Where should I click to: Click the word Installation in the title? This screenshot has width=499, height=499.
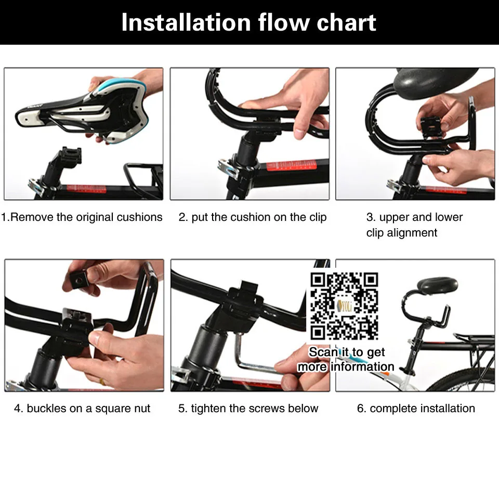[x=186, y=22]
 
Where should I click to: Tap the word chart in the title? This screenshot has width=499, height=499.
[x=346, y=22]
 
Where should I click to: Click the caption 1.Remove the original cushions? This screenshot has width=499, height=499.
[x=82, y=217]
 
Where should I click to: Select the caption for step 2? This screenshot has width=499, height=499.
[x=253, y=217]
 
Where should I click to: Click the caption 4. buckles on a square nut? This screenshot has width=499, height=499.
[x=82, y=409]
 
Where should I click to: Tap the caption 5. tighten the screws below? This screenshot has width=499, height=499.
[x=248, y=409]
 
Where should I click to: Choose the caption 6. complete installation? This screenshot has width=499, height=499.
[x=416, y=409]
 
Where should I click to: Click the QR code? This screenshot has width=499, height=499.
[x=344, y=306]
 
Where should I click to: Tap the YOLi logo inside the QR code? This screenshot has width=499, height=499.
[x=344, y=306]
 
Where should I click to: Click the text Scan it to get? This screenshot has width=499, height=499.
[x=347, y=352]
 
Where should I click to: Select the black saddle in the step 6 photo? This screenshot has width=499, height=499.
[x=438, y=285]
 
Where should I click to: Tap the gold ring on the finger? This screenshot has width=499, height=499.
[x=102, y=381]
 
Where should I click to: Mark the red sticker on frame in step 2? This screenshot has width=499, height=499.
[x=292, y=166]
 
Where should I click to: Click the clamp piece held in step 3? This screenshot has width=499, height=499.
[x=429, y=127]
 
